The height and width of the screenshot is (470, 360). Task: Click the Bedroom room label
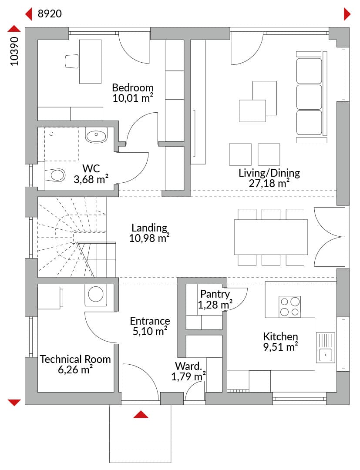point(133,87)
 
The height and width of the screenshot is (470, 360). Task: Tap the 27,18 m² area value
point(269,183)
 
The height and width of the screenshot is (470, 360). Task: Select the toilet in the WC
point(55,175)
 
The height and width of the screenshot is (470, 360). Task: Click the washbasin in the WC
point(96,135)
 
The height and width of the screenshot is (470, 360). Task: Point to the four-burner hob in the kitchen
point(289,307)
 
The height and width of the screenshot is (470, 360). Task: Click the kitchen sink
point(326,348)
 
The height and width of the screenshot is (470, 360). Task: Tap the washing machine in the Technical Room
point(96,295)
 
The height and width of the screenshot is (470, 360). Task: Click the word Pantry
point(215,294)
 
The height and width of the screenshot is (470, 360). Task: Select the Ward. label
point(188,366)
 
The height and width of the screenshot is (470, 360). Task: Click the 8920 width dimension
point(50,14)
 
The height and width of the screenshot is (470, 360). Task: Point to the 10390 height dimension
point(14,51)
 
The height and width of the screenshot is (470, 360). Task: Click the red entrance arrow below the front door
point(141,415)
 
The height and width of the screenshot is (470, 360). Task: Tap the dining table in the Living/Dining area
point(271,237)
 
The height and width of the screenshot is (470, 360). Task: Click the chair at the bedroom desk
point(72,61)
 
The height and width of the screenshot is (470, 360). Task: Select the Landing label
point(149,228)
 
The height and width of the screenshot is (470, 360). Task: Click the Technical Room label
point(75,359)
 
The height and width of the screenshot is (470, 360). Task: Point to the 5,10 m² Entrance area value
point(150,332)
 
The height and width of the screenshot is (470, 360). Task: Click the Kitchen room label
point(281,336)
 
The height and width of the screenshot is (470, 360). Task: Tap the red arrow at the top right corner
point(347,14)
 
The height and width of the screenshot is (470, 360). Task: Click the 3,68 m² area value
point(91,180)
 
